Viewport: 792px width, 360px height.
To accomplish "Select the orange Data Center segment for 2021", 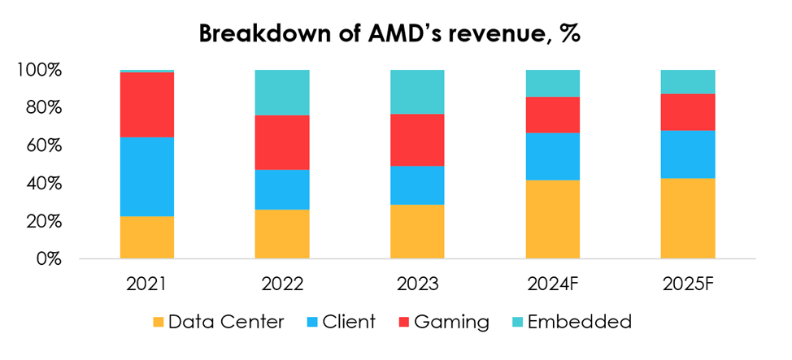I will point(146,237).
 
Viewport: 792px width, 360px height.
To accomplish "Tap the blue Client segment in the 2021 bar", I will point(146,176).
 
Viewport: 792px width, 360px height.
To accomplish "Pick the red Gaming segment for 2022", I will point(282,142).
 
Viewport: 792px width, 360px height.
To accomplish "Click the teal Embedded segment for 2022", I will point(282,93).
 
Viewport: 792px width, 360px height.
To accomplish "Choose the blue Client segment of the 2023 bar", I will point(417,185).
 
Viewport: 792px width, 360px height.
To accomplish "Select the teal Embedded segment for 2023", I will point(417,92).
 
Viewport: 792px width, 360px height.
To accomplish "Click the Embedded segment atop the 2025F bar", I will point(687,82).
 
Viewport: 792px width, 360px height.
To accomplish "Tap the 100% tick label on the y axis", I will point(39,71).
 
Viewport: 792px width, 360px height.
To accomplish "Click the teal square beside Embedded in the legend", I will point(513,323).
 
